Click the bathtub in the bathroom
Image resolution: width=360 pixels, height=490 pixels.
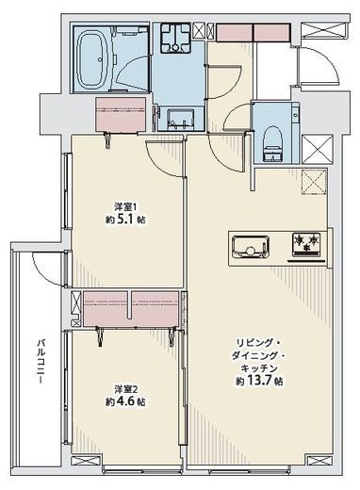pos(92,59)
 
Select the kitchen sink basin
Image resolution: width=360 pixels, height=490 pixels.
pos(251,247)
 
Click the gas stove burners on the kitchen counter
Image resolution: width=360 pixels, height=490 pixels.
pos(306,244)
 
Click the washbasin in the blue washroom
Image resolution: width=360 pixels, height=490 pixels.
pos(180,120)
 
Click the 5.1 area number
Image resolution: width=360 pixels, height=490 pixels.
pos(125,219)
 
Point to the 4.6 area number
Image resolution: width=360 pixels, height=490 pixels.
pos(125,401)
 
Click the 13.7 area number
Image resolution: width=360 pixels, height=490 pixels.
pos(260,381)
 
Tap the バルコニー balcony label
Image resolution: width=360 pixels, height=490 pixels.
pos(40,361)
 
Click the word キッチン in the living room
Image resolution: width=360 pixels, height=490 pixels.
pos(259,367)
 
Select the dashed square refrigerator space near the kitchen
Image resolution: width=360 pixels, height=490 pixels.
pos(314,182)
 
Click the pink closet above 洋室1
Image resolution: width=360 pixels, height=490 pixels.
pos(121,115)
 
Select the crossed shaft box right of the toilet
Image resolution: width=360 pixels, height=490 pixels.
pos(318,149)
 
